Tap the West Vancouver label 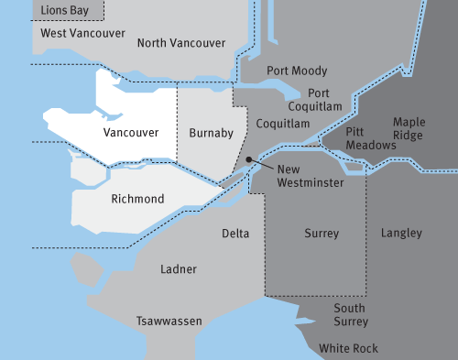click(x=83, y=33)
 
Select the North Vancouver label click(x=180, y=43)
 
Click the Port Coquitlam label click(x=319, y=99)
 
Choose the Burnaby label click(x=212, y=134)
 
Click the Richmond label click(x=137, y=199)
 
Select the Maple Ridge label click(x=409, y=128)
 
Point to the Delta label click(x=235, y=234)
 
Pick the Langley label click(x=401, y=234)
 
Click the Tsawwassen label click(x=169, y=322)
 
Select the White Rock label click(x=348, y=349)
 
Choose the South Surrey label click(x=349, y=315)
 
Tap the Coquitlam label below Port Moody click(x=282, y=123)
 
